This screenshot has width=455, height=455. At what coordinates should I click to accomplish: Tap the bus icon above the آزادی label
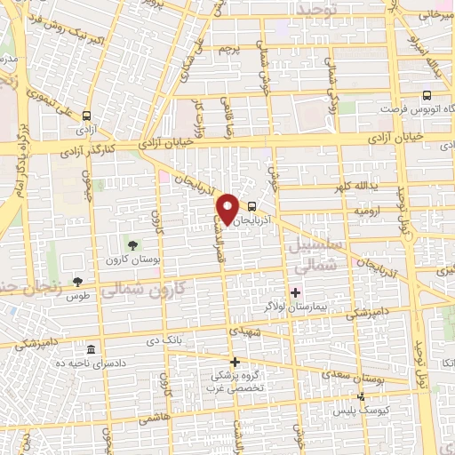pos(86,116)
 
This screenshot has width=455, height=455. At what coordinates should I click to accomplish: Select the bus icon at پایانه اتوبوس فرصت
pos(427,95)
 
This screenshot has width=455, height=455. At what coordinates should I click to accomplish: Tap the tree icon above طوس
pos(76,282)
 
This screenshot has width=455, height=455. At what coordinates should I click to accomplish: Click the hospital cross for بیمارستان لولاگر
pos(295,291)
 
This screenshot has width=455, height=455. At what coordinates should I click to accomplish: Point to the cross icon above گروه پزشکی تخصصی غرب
pos(235,361)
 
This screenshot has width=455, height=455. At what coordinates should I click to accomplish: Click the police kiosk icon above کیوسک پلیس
pos(360,396)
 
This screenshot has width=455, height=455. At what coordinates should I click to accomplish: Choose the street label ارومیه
pos(369,213)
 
